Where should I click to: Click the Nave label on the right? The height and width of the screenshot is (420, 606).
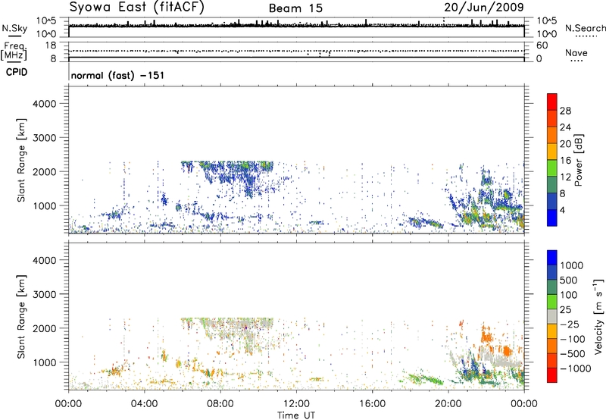pos(576,53)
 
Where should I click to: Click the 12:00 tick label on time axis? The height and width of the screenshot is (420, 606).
pos(296,403)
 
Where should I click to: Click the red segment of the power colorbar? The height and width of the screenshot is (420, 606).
pos(552,102)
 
